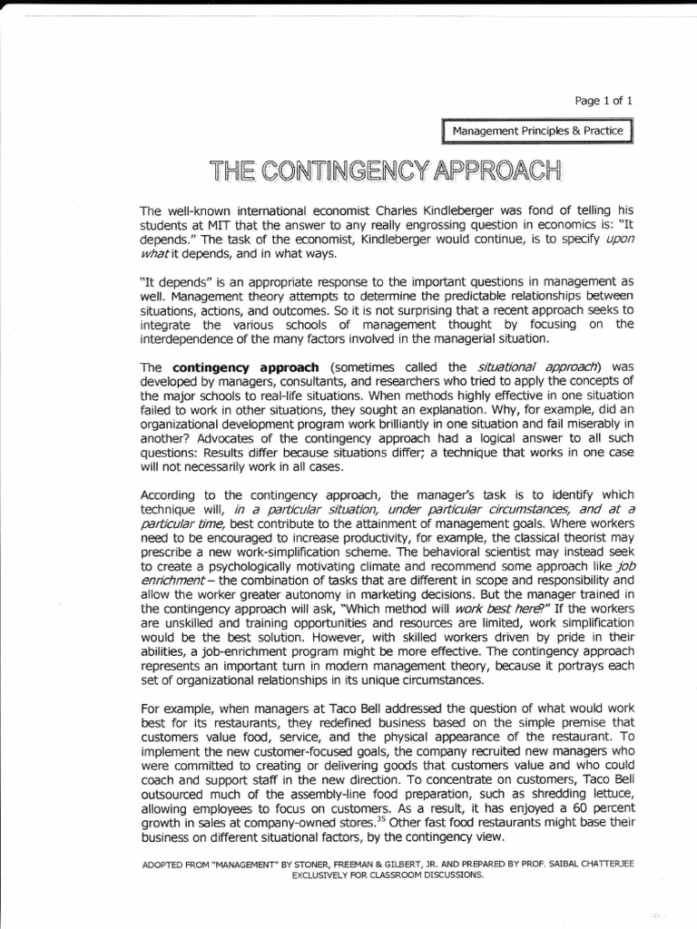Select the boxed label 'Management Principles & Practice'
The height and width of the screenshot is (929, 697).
coord(538,132)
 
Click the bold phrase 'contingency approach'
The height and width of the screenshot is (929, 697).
coord(245,367)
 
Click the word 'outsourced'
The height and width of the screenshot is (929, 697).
coord(172,793)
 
